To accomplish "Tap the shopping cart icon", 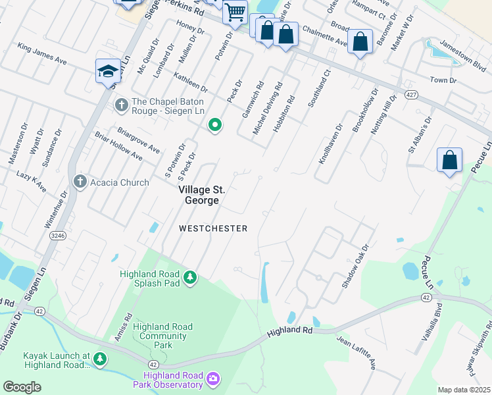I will point(234,13).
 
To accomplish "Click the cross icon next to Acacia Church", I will point(80,182).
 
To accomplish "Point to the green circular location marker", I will point(214,125).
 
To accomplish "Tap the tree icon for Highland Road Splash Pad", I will point(190,278).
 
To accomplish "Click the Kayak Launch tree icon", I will point(99,359).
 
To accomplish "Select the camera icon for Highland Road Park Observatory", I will point(212,379).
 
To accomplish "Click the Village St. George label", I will point(202,194).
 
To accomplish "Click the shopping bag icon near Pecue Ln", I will point(449,161).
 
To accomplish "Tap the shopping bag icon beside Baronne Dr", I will point(360,41).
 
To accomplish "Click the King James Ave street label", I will point(43,53).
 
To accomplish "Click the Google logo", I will point(22,386).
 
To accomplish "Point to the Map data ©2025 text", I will point(464,390).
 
